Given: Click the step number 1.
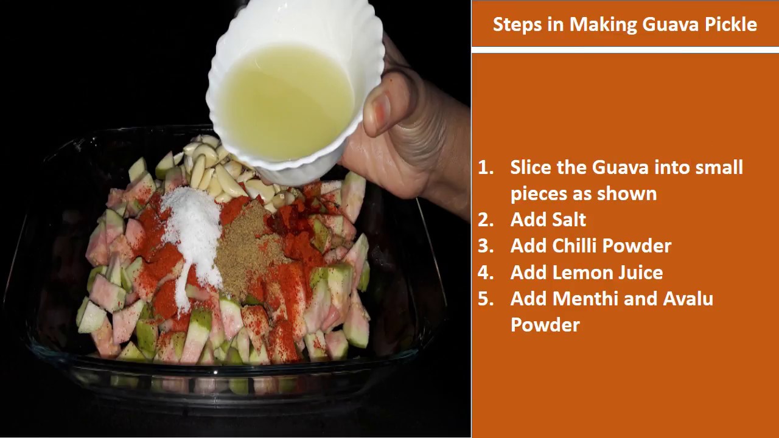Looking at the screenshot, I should (485, 168).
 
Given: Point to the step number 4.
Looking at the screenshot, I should (485, 273).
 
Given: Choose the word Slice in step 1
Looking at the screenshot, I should (531, 168).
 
